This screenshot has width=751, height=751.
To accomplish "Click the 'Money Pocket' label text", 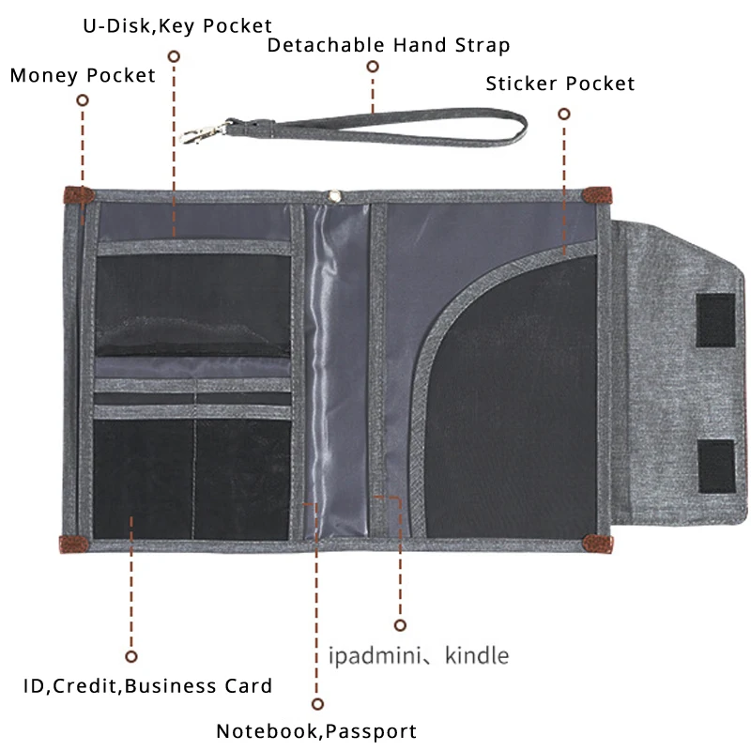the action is click(x=83, y=75).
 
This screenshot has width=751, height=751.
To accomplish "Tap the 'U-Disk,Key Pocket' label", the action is click(x=176, y=26).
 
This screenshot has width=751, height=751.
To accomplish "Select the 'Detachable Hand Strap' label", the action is click(x=389, y=45).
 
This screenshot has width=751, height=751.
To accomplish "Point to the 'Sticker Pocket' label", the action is click(x=560, y=84).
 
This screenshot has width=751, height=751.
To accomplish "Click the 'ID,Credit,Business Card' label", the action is click(x=147, y=686).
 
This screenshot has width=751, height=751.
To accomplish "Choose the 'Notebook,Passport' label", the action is click(x=316, y=731).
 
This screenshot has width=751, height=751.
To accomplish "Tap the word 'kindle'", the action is click(x=477, y=654).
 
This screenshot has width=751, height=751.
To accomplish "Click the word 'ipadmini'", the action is click(x=371, y=654).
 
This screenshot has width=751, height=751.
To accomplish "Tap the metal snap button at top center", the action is click(x=333, y=195).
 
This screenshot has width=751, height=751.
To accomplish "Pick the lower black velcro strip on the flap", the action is click(x=716, y=466).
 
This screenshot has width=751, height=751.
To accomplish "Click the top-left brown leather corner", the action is click(x=77, y=195).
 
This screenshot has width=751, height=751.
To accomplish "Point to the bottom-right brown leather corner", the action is click(x=596, y=543).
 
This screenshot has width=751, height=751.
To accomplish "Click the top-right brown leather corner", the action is click(x=596, y=195).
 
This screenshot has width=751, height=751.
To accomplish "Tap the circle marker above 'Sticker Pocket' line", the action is click(x=564, y=114).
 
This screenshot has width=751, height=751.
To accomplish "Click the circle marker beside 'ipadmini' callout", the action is click(x=400, y=624).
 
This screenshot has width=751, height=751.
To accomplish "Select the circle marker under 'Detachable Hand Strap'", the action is click(x=373, y=67).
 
